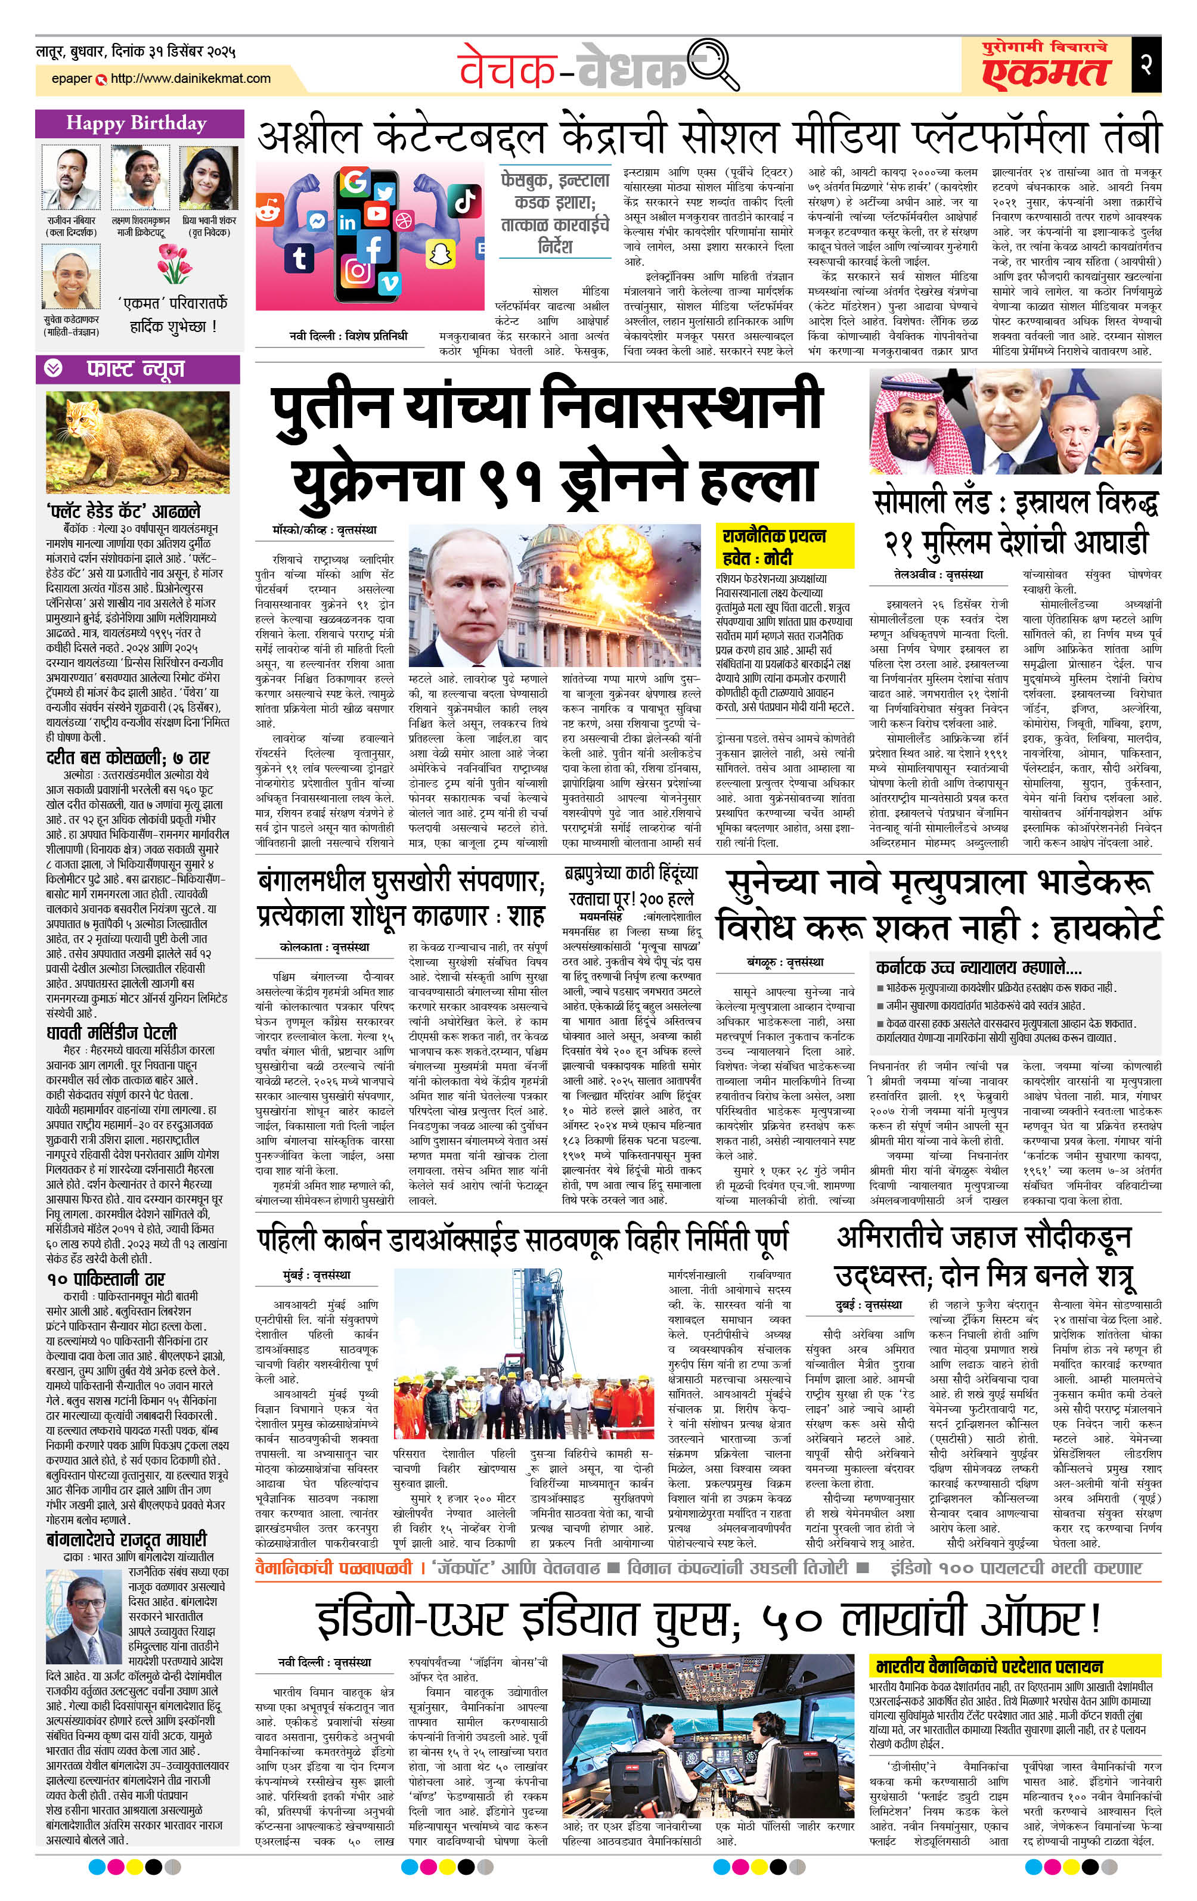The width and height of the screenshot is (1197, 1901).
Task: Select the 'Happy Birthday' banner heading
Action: (137, 123)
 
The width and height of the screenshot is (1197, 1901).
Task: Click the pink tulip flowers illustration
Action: (173, 263)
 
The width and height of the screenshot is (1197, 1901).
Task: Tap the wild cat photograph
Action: (137, 443)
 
